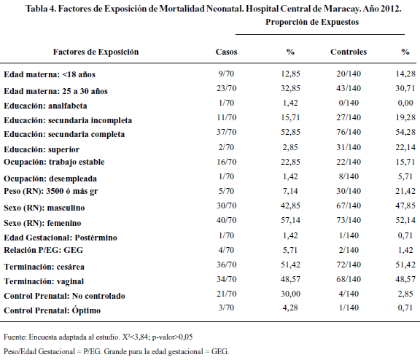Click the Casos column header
226,52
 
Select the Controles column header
349,52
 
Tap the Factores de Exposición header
96,52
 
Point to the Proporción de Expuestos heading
312,22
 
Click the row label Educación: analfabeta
45,106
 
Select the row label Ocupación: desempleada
50,179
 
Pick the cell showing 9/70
226,74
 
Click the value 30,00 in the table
290,294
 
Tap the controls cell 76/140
349,132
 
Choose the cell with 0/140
349,103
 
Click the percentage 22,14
405,147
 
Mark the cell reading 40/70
226,220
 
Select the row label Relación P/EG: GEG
44,250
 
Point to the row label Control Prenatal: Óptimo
52,310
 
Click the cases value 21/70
226,294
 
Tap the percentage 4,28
290,308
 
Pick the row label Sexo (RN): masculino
44,208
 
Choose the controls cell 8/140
349,176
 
